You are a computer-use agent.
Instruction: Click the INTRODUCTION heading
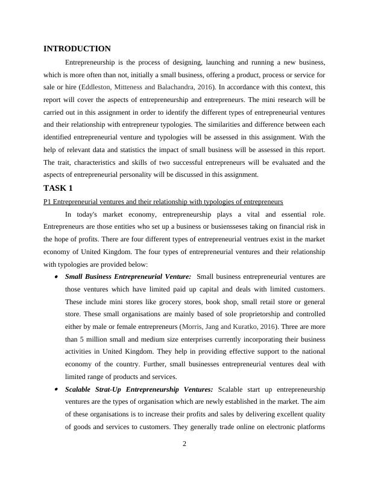[x=77, y=49]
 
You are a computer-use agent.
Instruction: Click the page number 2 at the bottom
[x=184, y=445]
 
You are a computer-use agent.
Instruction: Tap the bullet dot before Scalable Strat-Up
[x=56, y=390]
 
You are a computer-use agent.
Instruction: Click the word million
[x=95, y=340]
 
